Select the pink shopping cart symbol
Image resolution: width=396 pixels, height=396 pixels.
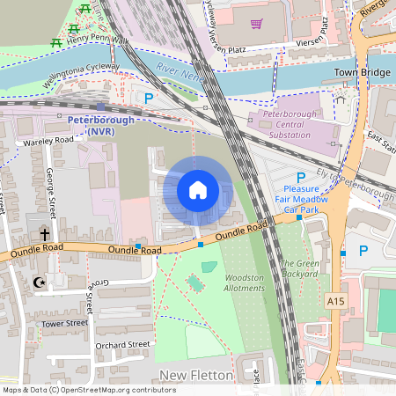tap(256, 24)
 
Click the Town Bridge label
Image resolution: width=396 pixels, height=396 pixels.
tap(363, 72)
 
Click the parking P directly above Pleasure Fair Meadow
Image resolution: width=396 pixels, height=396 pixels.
tap(300, 176)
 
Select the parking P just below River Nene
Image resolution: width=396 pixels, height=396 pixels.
tap(149, 99)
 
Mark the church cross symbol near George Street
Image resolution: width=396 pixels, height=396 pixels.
tap(44, 234)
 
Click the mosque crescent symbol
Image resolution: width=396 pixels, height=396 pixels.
tap(38, 282)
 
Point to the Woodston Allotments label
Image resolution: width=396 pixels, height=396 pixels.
tap(245, 282)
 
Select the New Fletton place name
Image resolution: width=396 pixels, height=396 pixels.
tap(196, 376)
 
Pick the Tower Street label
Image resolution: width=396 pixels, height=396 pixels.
tap(64, 323)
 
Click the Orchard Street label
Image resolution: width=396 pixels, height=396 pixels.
tap(122, 345)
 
